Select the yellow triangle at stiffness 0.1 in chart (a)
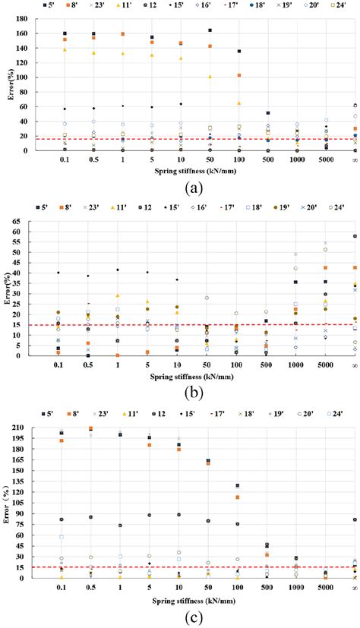[65, 50]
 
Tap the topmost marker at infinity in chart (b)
[355, 236]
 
